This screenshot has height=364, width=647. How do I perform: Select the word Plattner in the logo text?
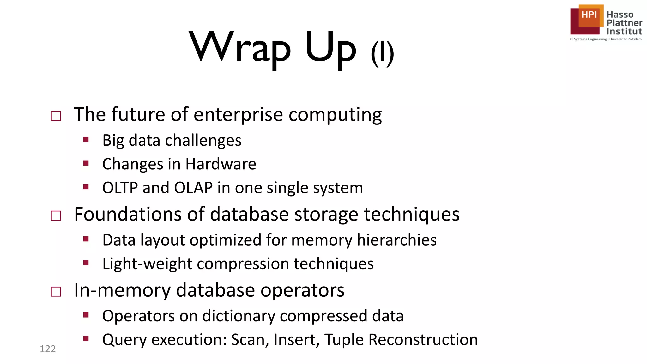624,23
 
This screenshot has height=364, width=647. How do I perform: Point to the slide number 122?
48,349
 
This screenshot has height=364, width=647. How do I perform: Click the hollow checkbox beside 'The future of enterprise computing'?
56,116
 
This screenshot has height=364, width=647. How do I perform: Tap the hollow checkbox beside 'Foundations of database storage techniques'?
56,216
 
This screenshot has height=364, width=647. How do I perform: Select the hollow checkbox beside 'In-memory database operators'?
56,291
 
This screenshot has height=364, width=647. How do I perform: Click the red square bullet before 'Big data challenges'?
86,139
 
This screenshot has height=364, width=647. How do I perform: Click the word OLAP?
193,188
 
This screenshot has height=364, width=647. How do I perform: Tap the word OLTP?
120,188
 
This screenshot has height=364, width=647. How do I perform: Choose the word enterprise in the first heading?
238,115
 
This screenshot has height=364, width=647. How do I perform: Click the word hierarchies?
396,240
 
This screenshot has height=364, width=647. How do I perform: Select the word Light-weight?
147,264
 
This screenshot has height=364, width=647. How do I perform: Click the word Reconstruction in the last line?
423,340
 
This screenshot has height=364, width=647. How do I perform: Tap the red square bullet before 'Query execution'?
86,339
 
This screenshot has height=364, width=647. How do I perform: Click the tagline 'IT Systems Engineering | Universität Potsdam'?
606,39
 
